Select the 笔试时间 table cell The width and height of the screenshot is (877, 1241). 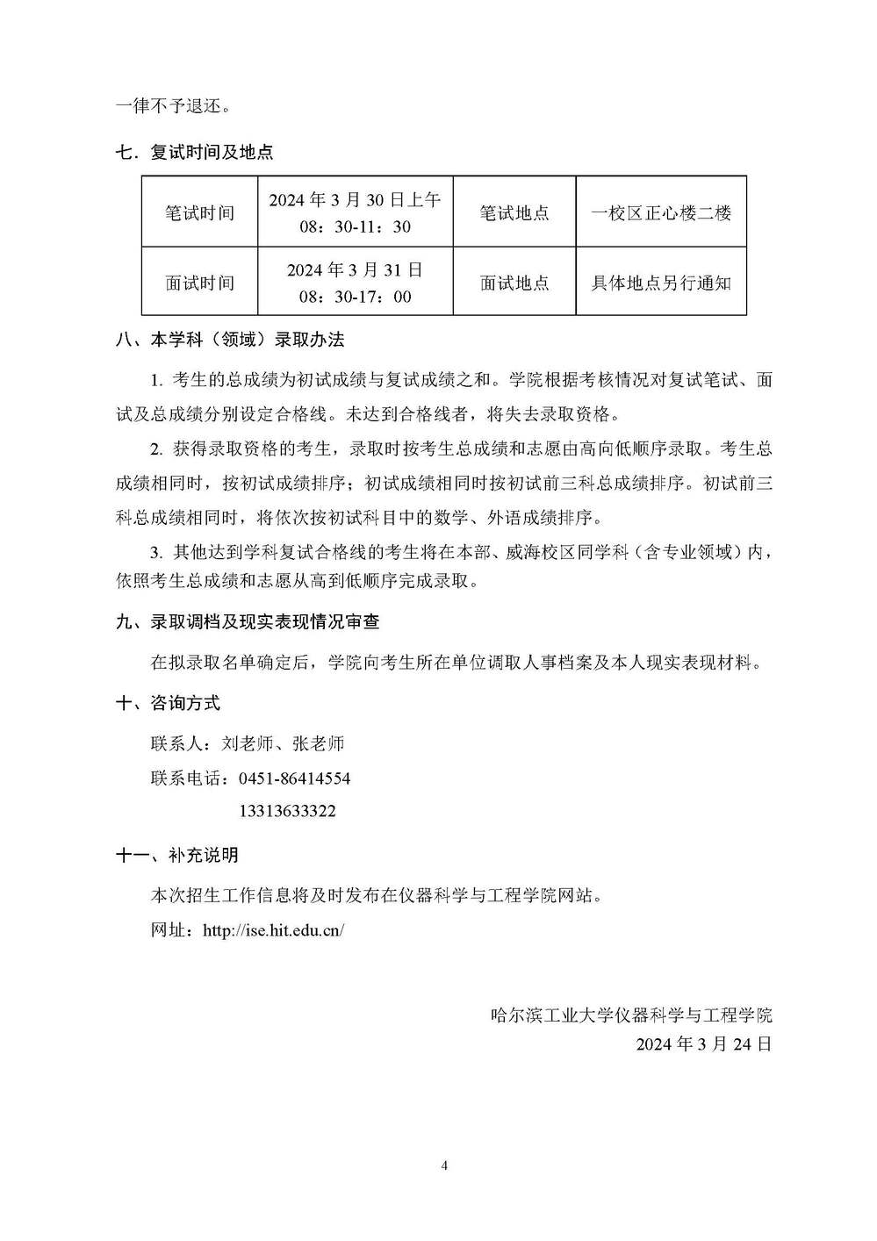pyautogui.click(x=199, y=212)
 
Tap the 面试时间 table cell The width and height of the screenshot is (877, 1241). pyautogui.click(x=199, y=283)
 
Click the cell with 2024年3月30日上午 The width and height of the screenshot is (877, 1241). pyautogui.click(x=355, y=201)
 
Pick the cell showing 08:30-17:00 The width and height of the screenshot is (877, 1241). pyautogui.click(x=355, y=297)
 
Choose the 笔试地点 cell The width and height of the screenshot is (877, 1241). pyautogui.click(x=514, y=212)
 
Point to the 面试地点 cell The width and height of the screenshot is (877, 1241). pyautogui.click(x=514, y=283)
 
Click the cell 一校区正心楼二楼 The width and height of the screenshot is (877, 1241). pyautogui.click(x=660, y=212)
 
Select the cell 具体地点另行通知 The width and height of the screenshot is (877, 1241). pyautogui.click(x=660, y=283)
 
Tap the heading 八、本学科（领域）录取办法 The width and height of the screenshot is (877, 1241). pyautogui.click(x=230, y=340)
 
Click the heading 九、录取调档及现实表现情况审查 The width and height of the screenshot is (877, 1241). pyautogui.click(x=248, y=621)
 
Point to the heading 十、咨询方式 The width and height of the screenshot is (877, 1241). pyautogui.click(x=168, y=703)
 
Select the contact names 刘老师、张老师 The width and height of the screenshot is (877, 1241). pyautogui.click(x=283, y=743)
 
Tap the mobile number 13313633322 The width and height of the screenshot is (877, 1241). pyautogui.click(x=287, y=811)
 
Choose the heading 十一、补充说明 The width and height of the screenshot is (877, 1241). pyautogui.click(x=176, y=854)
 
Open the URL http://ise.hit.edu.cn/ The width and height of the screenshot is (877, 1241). pyautogui.click(x=273, y=930)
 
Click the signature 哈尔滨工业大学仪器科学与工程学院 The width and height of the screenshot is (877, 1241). pyautogui.click(x=631, y=1015)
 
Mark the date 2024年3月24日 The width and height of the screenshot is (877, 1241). pyautogui.click(x=703, y=1044)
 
